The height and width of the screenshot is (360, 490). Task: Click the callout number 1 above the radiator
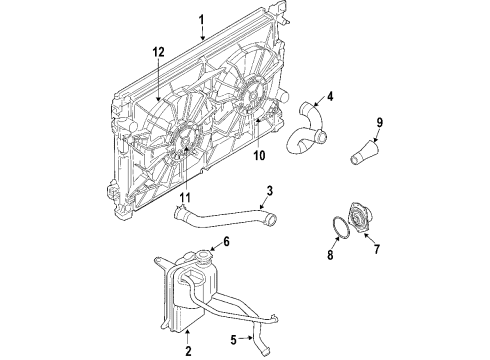tap(201, 19)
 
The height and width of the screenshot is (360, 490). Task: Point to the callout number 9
tap(379, 123)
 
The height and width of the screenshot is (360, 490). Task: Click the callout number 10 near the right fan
tap(258, 154)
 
